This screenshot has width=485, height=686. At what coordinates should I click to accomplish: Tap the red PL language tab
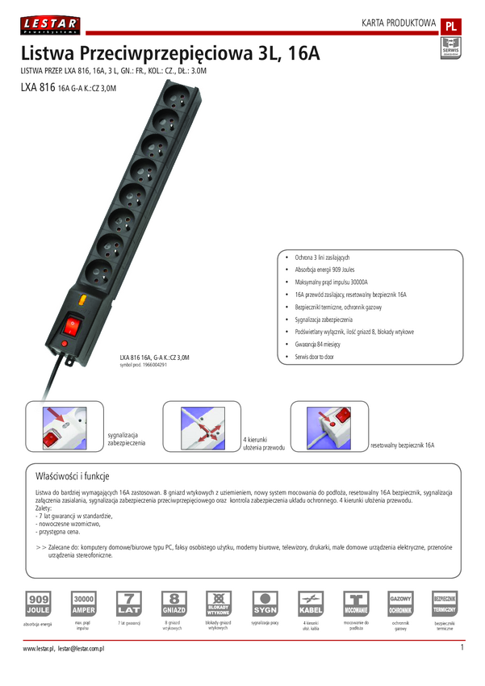pos(451,26)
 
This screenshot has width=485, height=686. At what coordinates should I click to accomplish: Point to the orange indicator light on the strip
pos(84,303)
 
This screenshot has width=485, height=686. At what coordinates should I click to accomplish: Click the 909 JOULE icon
pos(39,604)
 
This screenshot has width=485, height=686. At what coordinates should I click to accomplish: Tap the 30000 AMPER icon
pos(84,604)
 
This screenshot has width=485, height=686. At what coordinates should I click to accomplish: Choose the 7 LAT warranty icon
pos(129,604)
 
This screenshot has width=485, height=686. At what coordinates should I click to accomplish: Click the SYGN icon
pos(265,604)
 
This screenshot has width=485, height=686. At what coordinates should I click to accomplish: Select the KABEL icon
pos(311,604)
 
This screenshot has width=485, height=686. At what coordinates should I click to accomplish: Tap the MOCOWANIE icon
pos(356,604)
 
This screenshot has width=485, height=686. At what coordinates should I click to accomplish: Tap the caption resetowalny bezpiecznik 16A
pos(402,445)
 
